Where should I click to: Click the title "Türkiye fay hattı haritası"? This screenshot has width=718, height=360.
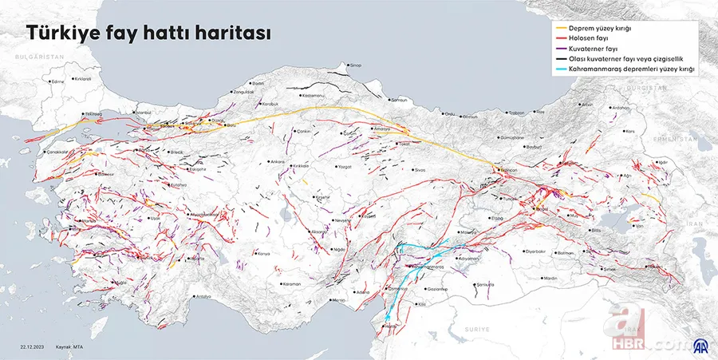coord(148,35)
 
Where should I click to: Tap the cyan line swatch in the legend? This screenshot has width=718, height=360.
coord(562,70)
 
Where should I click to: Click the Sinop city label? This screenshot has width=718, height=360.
coord(356,65)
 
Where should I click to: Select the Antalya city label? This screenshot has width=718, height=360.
coord(203,297)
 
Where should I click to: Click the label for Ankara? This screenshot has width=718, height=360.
coord(278,162)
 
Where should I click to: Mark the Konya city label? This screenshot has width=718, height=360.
coord(264,253)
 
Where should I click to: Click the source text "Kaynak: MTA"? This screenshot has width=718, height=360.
coord(69,347)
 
